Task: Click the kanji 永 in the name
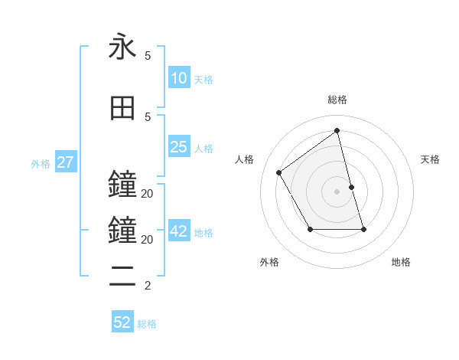coord(122,47)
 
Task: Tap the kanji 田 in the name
coord(122,108)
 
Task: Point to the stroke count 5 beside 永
coord(148,56)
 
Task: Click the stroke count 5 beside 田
coord(148,116)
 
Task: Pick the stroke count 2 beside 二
coord(148,286)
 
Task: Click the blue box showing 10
coord(178,78)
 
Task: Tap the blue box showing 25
coord(178,147)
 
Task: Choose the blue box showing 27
coord(65,162)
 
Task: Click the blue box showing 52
coord(122,322)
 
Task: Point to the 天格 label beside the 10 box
coord(203,80)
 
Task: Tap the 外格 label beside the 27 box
coord(41,164)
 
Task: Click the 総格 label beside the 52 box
coord(147,324)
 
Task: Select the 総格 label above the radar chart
coord(337,100)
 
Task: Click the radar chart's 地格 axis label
coord(401,262)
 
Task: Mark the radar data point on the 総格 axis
coord(337,131)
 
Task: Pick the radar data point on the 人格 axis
coord(279,172)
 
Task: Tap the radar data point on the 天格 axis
coord(351,187)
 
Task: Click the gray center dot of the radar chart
coord(337,191)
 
